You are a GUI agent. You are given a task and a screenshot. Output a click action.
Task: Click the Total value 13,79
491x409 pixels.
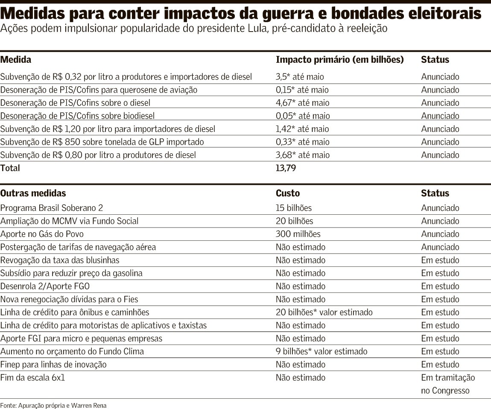click(286, 168)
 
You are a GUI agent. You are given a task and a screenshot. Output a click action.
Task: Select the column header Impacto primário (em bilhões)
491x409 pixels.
click(339, 60)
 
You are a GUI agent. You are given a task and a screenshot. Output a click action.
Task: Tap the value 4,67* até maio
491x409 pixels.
click(302, 103)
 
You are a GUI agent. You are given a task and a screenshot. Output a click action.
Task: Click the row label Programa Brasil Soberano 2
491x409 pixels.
click(52, 208)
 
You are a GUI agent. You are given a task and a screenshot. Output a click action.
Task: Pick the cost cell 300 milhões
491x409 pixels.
click(298, 234)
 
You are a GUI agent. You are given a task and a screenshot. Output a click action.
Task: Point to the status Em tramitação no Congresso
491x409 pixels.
click(447, 384)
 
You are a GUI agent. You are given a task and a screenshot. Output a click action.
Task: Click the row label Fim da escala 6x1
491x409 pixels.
click(33, 377)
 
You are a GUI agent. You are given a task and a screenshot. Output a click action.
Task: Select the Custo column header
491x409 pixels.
click(288, 193)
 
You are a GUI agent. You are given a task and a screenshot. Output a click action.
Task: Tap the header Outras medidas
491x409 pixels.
click(33, 193)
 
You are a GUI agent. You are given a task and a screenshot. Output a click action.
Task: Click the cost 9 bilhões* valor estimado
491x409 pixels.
click(321, 351)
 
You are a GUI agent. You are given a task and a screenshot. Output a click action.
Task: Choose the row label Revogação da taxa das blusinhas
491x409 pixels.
click(60, 260)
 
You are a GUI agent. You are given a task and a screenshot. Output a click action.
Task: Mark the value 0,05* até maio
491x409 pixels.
click(303, 116)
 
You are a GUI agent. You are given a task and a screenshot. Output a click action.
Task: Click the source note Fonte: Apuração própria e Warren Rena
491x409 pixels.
click(53, 405)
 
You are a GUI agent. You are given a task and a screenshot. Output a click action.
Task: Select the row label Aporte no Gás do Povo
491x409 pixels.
click(42, 234)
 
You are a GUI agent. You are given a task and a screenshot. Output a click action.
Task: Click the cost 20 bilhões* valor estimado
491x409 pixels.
click(324, 312)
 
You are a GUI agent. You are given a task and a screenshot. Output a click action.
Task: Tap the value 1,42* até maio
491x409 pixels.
click(302, 129)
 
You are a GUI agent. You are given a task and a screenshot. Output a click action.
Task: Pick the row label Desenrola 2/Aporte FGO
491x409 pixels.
click(45, 286)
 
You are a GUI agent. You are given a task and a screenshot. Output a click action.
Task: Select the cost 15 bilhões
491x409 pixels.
click(294, 208)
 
